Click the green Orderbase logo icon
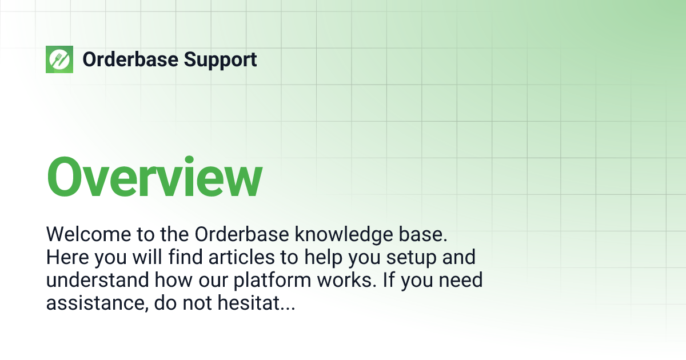tap(59, 59)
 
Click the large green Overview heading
tap(154, 176)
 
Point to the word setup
tap(410, 257)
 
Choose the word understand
tap(97, 281)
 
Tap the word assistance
tap(97, 303)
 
